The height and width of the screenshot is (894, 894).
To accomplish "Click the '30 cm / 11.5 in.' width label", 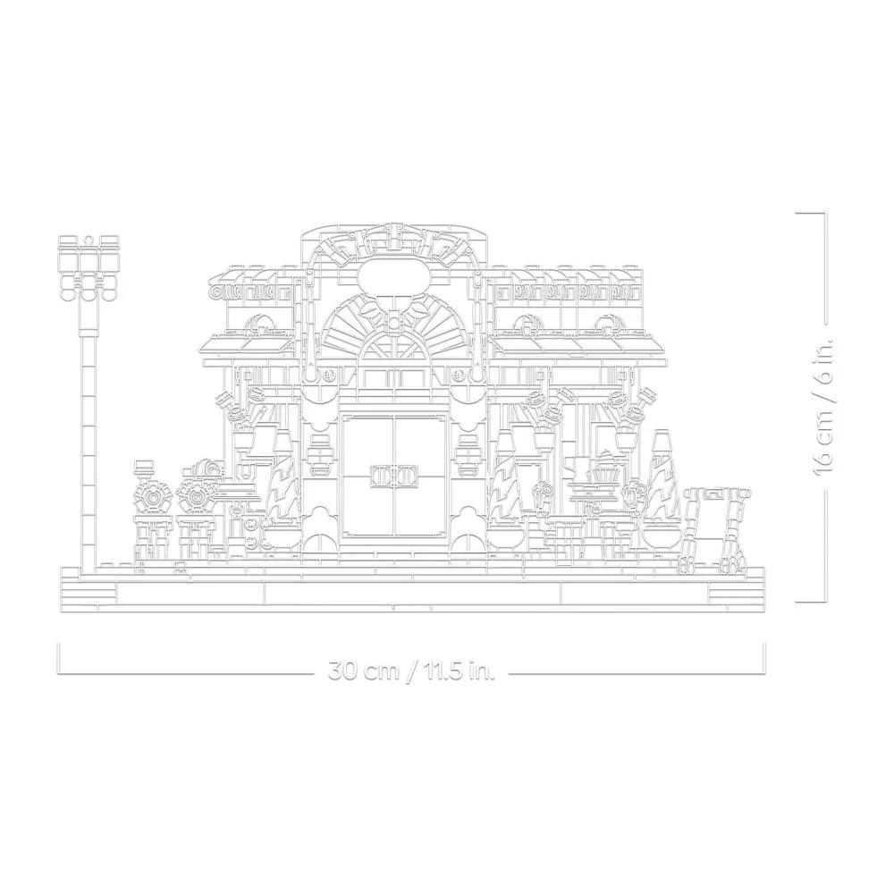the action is (411, 670).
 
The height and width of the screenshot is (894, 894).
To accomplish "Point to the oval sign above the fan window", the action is (392, 274).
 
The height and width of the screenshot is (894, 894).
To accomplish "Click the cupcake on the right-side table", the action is (604, 466).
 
